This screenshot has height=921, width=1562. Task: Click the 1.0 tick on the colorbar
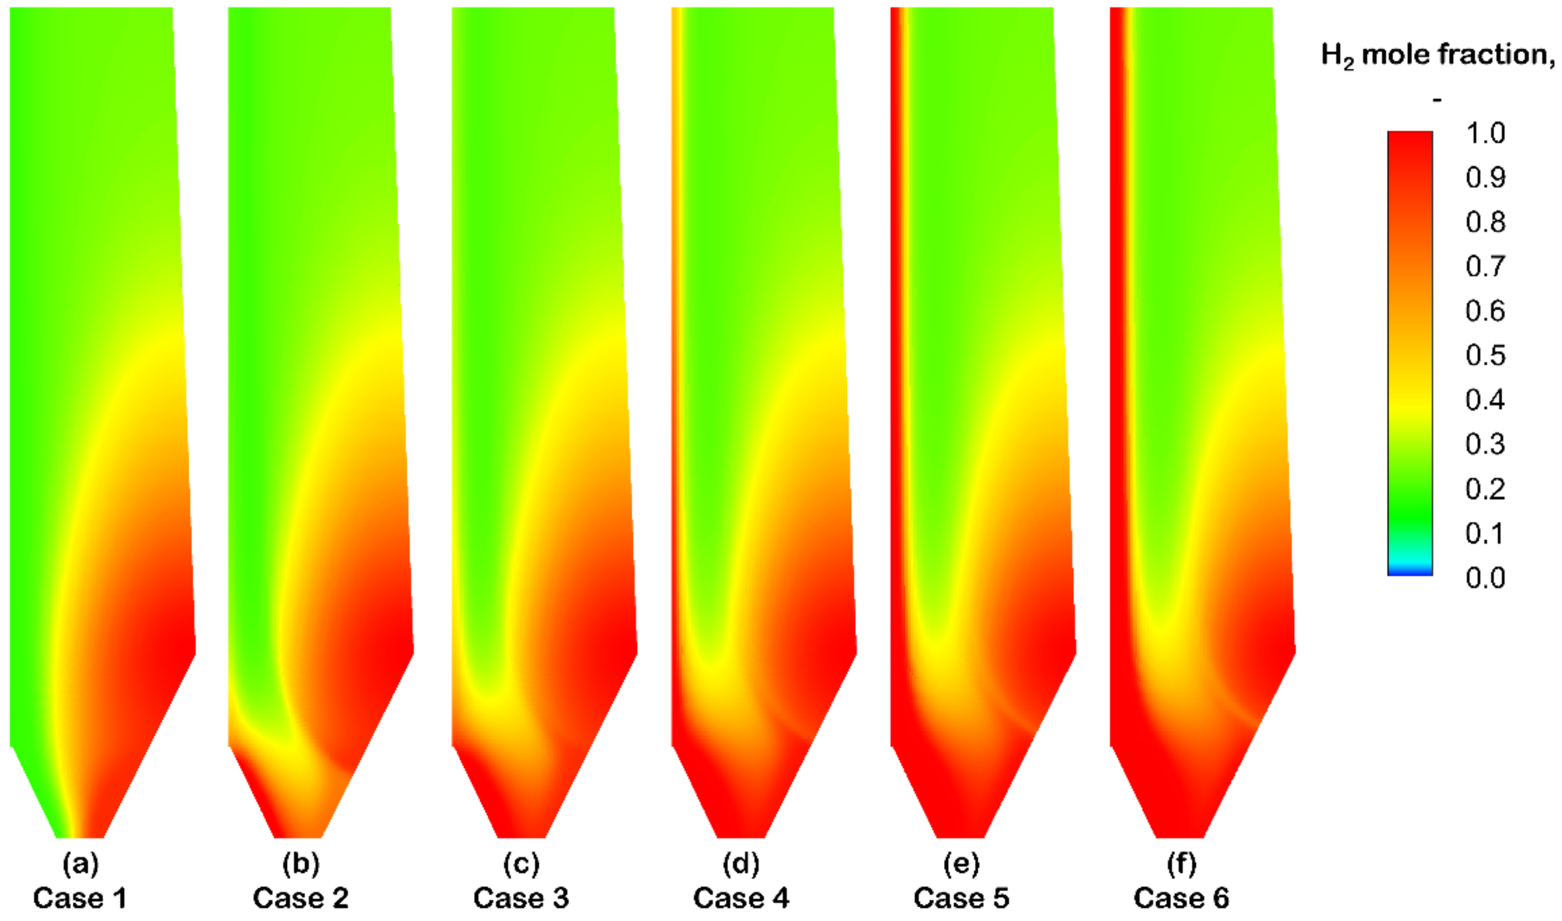[x=1485, y=133]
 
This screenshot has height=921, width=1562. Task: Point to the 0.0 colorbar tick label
[x=1485, y=578]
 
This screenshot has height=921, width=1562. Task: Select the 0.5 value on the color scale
[x=1485, y=356]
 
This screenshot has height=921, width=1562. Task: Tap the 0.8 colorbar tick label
[x=1485, y=222]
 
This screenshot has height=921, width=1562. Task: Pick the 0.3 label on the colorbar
[x=1485, y=444]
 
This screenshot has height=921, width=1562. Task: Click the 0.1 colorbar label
[x=1485, y=534]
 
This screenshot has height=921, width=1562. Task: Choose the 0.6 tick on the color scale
[x=1485, y=311]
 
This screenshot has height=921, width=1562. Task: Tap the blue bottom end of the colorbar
[x=1410, y=572]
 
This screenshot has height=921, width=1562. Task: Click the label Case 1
[x=79, y=898]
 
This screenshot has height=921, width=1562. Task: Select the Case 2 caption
[x=301, y=898]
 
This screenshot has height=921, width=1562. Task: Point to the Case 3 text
[x=521, y=898]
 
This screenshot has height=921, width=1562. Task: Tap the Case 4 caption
[x=741, y=898]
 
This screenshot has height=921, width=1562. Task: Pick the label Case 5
[x=961, y=898]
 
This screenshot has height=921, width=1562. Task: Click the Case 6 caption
[x=1181, y=898]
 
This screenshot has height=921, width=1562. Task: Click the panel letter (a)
[x=80, y=864]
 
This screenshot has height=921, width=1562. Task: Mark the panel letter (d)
[x=741, y=864]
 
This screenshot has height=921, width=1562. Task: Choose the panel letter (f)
[x=1181, y=864]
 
